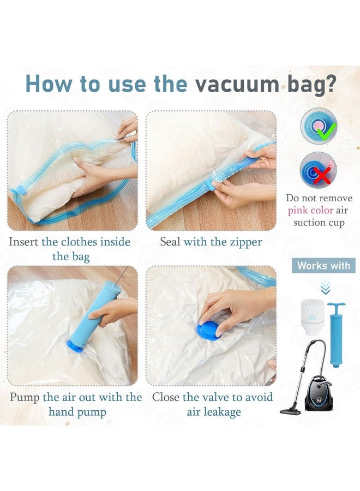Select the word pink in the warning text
[299, 210]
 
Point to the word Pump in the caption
[25, 397]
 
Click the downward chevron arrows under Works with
[326, 288]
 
